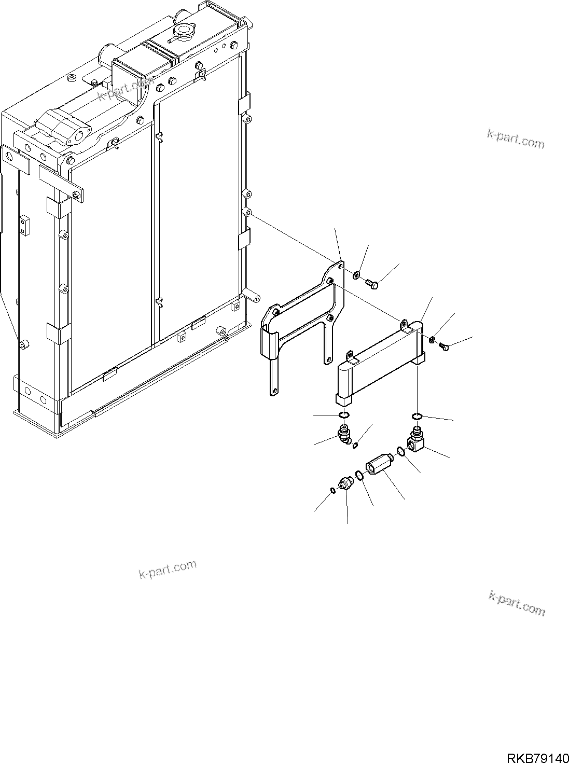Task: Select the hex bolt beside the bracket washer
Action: [x=373, y=283]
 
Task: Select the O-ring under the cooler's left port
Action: [x=343, y=415]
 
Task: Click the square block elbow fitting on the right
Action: [x=417, y=442]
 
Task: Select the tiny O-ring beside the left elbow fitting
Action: [x=356, y=445]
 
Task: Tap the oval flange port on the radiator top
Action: [x=76, y=138]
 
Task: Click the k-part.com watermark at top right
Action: [x=516, y=138]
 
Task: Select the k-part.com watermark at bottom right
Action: [x=517, y=603]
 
